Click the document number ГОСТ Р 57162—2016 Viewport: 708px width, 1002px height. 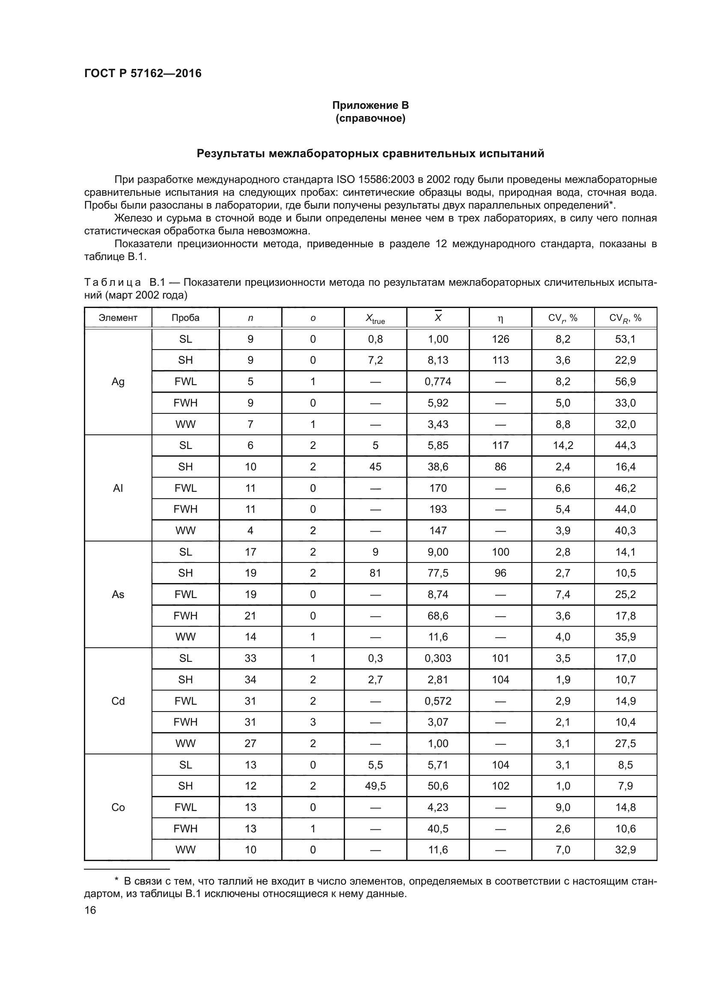[x=143, y=73]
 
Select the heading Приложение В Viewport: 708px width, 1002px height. [x=370, y=105]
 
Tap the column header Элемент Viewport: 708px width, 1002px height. [x=118, y=318]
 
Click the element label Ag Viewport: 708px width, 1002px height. [x=118, y=381]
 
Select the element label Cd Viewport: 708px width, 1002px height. [x=118, y=701]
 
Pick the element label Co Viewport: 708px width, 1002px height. [x=118, y=808]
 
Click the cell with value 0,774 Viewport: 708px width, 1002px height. [x=438, y=381]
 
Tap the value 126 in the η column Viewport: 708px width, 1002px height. [x=500, y=339]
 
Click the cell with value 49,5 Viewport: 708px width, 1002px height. [x=375, y=786]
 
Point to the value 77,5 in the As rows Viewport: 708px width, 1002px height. [x=438, y=573]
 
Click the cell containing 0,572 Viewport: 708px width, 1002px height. [x=438, y=701]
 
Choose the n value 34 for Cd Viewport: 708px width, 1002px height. [x=250, y=679]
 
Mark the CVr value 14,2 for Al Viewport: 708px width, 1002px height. [x=562, y=445]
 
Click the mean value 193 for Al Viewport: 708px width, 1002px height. [x=438, y=509]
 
